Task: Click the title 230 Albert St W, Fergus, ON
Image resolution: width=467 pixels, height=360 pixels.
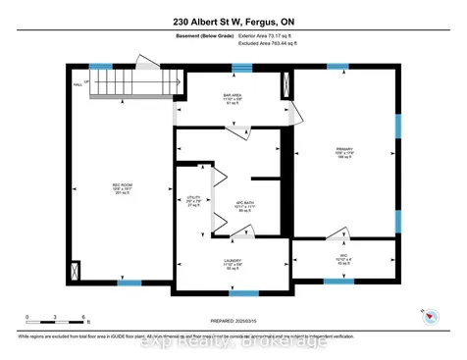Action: click(x=233, y=22)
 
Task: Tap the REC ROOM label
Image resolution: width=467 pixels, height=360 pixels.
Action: click(x=122, y=188)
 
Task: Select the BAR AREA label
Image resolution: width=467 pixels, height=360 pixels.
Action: click(x=233, y=98)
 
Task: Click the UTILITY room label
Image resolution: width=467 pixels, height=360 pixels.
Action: click(x=193, y=200)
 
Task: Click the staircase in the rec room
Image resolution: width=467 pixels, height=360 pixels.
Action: click(x=117, y=83)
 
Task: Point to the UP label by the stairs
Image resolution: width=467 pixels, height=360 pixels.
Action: click(x=87, y=82)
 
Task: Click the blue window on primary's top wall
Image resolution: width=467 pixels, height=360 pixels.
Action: click(x=337, y=67)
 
